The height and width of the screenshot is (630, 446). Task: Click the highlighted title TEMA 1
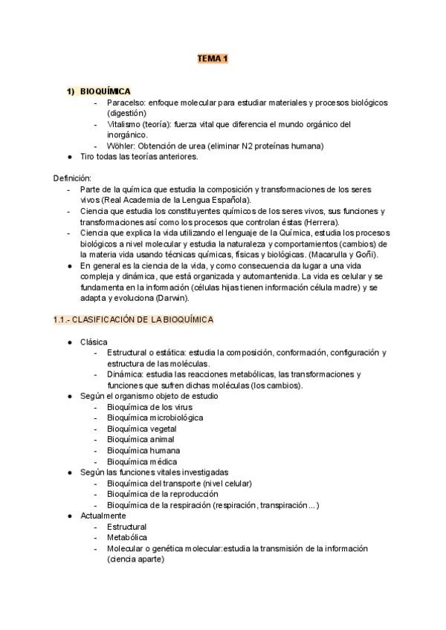[x=212, y=58]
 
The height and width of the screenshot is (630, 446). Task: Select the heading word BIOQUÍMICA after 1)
[x=106, y=91]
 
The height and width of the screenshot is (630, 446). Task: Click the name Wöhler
[x=122, y=146]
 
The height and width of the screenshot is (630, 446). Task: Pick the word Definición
[x=72, y=178]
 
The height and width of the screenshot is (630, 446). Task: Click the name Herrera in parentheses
[x=322, y=222]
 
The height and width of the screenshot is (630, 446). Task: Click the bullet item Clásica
[x=94, y=341]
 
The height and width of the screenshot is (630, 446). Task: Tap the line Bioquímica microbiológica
[x=155, y=418]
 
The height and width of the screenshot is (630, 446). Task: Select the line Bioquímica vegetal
[x=140, y=429]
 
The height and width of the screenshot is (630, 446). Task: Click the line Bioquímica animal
[x=139, y=439]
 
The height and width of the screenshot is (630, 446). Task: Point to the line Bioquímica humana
[x=141, y=450]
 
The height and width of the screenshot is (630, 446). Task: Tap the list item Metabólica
[x=127, y=537]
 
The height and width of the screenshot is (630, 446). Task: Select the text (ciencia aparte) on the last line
[x=135, y=559]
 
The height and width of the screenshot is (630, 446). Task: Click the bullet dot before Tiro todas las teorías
[x=69, y=157]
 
